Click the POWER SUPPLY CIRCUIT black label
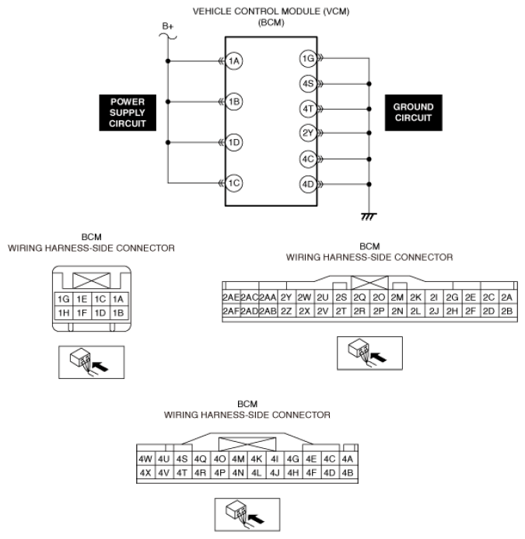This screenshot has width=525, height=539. (x=128, y=113)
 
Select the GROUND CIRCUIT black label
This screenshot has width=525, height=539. (x=414, y=113)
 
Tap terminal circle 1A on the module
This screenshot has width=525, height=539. (x=234, y=61)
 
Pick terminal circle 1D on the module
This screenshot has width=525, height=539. (x=234, y=143)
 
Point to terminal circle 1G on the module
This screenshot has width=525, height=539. (x=307, y=58)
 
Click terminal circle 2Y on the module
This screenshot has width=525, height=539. (x=307, y=134)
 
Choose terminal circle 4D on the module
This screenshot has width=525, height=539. (x=307, y=184)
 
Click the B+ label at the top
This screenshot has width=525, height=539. (x=168, y=26)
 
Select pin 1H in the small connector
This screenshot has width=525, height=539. (x=64, y=313)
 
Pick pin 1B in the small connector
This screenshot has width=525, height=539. (x=117, y=313)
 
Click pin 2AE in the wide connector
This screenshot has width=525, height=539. (x=230, y=297)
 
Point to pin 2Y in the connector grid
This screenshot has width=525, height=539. (x=286, y=297)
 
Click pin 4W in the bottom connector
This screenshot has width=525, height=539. (x=145, y=458)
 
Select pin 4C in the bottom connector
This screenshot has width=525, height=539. (x=329, y=458)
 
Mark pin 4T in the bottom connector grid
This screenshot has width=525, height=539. (x=182, y=471)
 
